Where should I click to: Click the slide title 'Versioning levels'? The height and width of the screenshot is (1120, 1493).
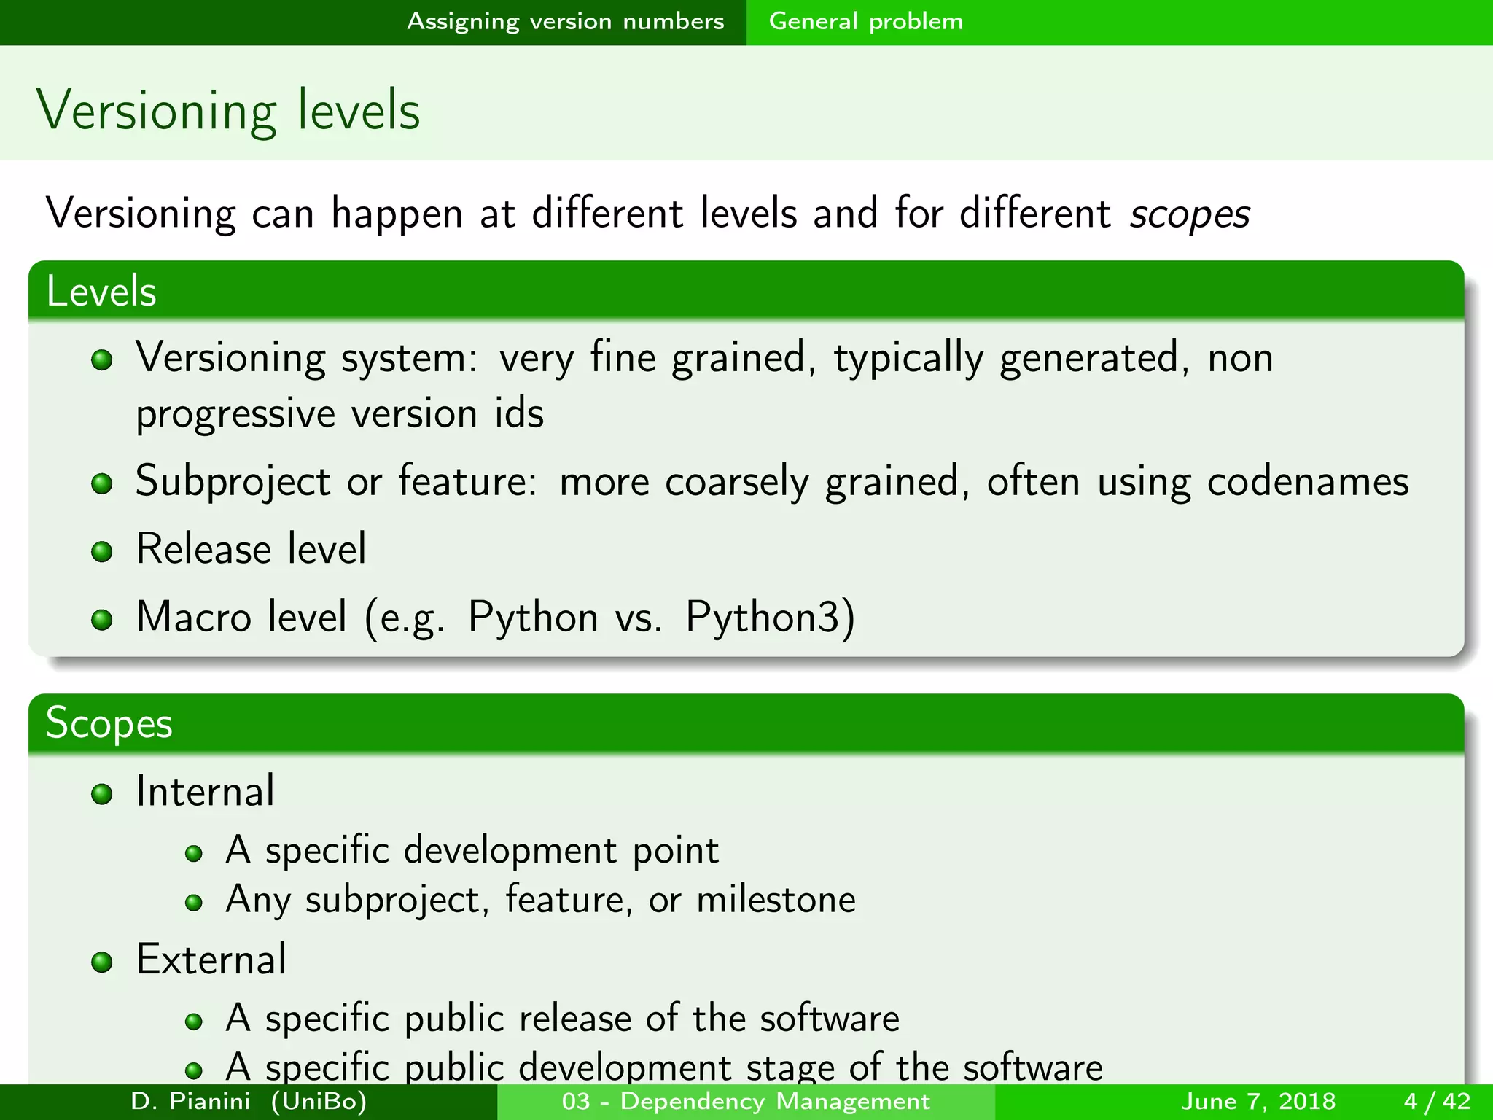pos(228,110)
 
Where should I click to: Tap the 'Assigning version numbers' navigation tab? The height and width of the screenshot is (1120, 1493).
pos(565,21)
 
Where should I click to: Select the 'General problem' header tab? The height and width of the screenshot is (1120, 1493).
pos(865,21)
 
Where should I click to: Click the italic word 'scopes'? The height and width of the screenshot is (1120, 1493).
pos(1189,214)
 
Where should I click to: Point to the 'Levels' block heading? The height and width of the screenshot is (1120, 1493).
pos(101,292)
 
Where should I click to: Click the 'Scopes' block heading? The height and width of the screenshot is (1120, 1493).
pos(109,724)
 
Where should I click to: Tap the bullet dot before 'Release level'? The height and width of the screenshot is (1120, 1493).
pos(102,551)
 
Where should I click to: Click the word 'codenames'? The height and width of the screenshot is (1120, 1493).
pos(1308,481)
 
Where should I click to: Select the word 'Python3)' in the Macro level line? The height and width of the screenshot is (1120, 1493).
pos(770,617)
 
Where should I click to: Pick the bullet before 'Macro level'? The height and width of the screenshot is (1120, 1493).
pos(102,620)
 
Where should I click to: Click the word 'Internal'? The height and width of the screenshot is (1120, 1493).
pos(206,791)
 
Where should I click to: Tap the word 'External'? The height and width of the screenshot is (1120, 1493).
pos(211,959)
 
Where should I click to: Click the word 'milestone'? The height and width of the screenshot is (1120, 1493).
pos(776,899)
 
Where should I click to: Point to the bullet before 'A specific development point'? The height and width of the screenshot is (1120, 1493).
pos(193,853)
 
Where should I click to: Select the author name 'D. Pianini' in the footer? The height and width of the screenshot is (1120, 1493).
pos(190,1101)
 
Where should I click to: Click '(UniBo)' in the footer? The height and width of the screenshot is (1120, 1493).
pos(319,1101)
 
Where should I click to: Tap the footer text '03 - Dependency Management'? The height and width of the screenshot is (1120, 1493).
pos(746,1101)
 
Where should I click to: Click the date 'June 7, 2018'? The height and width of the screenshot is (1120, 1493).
pos(1258,1101)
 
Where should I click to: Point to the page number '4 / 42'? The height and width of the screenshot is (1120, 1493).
pos(1437,1101)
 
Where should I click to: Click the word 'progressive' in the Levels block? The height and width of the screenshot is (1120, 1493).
pos(235,414)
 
